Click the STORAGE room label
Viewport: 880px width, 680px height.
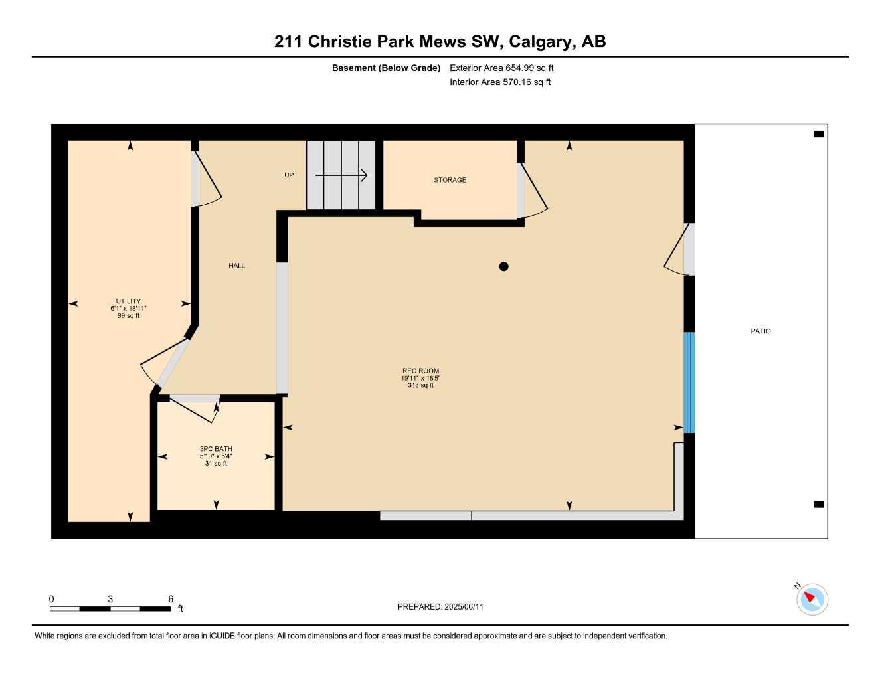450,180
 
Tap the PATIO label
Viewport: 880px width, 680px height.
760,331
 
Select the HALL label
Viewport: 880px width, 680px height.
236,266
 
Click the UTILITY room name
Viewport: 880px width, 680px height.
128,301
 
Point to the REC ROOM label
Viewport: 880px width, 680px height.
420,371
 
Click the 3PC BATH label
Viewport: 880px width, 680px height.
216,449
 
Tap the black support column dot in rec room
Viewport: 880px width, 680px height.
503,266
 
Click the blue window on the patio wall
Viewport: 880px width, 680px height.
689,382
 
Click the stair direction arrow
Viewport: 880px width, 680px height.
341,175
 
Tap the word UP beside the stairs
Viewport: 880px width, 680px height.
289,175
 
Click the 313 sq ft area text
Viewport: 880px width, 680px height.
420,386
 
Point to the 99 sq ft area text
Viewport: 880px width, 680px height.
128,316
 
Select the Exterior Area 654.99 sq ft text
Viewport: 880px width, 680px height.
501,68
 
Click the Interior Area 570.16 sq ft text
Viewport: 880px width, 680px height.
500,82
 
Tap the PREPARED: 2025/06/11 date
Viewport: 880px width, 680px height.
440,606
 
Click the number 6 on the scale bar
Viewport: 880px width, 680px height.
171,599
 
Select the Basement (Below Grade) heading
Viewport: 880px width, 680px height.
386,68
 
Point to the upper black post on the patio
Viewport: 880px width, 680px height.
819,134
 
